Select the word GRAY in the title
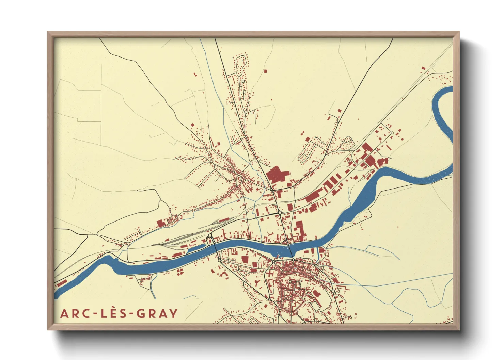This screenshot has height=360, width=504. [x=157, y=313]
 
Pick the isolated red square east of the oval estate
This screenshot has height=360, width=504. [x=265, y=71]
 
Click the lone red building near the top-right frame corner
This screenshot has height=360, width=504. [x=423, y=68]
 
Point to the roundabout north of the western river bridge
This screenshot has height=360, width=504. [x=210, y=235]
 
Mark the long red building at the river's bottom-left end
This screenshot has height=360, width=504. [x=62, y=283]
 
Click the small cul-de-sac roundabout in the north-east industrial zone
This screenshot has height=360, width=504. [x=392, y=133]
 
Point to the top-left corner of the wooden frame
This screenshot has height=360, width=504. [x=48, y=32]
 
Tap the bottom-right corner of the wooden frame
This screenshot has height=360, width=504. [x=459, y=329]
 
